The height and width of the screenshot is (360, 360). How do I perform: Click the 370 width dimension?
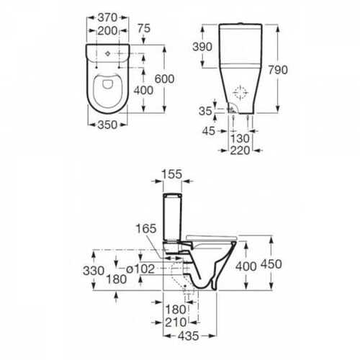[x=107, y=17]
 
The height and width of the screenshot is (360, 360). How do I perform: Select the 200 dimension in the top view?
[x=107, y=31]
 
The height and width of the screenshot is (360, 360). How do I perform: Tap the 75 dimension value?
[x=144, y=28]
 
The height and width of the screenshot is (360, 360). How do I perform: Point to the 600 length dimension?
[x=165, y=78]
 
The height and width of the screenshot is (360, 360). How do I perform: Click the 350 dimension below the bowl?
[x=107, y=125]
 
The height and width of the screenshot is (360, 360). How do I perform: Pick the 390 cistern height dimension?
[x=202, y=47]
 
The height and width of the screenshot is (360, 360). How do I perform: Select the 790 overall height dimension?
[x=278, y=70]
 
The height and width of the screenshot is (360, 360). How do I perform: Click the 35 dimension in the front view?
[x=205, y=111]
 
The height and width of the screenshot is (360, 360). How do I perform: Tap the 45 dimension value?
[x=209, y=131]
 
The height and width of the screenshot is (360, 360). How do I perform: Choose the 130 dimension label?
[x=240, y=139]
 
